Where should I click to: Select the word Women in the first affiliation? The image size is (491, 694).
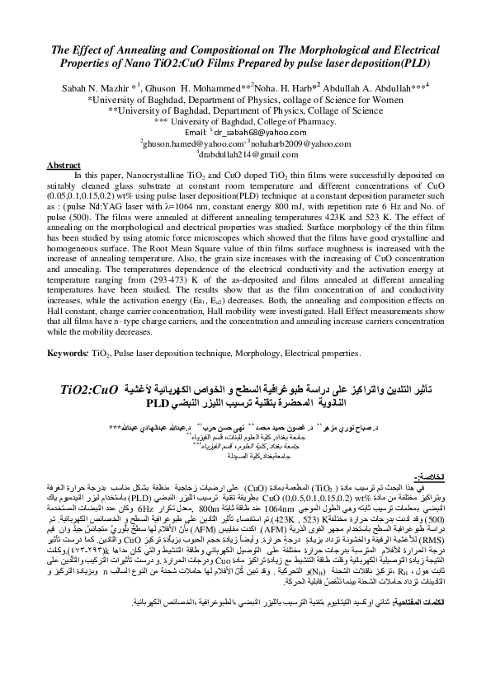392,96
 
